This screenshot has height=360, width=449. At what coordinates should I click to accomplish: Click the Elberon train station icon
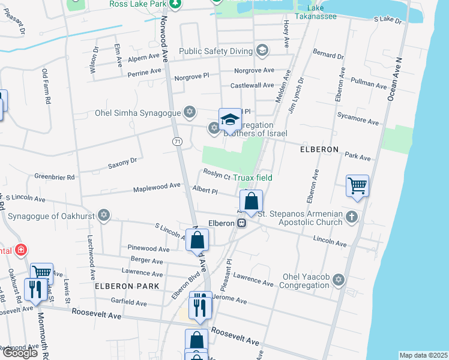click(x=242, y=223)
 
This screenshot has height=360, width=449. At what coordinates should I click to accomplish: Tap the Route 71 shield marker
click(x=176, y=141)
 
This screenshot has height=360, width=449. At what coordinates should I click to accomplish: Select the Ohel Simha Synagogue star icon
click(x=190, y=112)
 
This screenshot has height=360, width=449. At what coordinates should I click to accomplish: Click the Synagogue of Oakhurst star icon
click(x=104, y=214)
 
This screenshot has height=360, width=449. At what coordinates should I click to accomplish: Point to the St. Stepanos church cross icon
click(x=352, y=217)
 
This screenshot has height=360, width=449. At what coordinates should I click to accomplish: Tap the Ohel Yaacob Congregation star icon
click(x=338, y=280)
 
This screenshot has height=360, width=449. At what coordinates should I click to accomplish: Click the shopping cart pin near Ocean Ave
click(x=357, y=186)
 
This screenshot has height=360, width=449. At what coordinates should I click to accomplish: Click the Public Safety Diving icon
click(x=261, y=50)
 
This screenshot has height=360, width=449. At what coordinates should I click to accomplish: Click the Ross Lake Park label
click(x=137, y=4)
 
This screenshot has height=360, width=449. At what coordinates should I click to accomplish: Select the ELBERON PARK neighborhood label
click(x=127, y=286)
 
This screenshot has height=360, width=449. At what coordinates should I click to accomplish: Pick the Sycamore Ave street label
click(x=358, y=118)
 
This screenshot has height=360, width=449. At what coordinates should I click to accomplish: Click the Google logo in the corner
click(x=19, y=353)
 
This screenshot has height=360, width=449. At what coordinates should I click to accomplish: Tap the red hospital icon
click(x=20, y=250)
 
